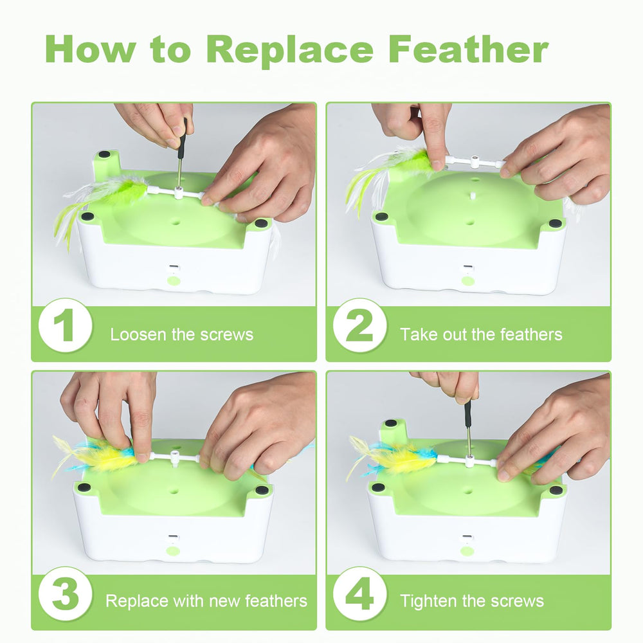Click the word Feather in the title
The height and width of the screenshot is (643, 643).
tap(468, 49)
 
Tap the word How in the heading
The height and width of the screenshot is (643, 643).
tap(90, 50)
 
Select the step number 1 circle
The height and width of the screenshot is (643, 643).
tap(65, 325)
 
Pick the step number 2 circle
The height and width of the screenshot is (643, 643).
tap(359, 325)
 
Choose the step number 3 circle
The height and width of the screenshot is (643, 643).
tap(65, 593)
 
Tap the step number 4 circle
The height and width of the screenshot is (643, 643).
tap(359, 593)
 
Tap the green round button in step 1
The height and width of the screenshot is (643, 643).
tap(174, 281)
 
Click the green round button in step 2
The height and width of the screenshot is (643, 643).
tap(468, 281)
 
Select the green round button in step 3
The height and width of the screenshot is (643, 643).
tap(173, 550)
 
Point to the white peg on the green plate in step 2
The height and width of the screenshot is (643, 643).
tap(473, 195)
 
